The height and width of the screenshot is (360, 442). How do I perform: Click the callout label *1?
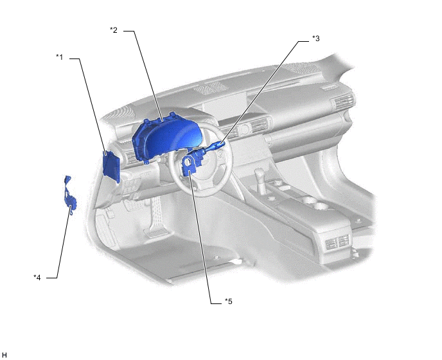(x=60, y=57)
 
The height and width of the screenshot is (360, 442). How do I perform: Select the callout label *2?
(x=114, y=30)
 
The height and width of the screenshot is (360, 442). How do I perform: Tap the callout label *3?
(x=316, y=39)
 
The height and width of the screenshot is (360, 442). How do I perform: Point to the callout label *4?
(x=37, y=278)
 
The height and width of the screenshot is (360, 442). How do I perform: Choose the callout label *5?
(x=229, y=301)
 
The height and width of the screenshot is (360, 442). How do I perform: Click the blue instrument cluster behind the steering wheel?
(x=166, y=138)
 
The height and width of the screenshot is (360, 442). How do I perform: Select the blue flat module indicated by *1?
(x=111, y=166)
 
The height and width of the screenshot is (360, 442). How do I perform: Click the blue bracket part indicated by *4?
(x=69, y=195)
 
